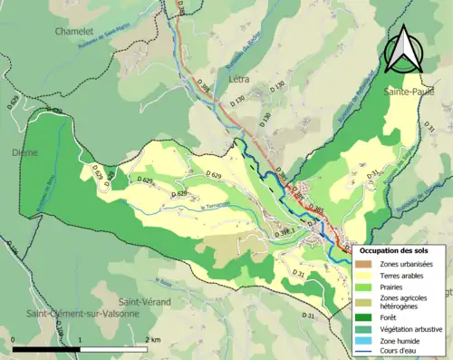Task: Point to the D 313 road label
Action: click(x=283, y=232)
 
